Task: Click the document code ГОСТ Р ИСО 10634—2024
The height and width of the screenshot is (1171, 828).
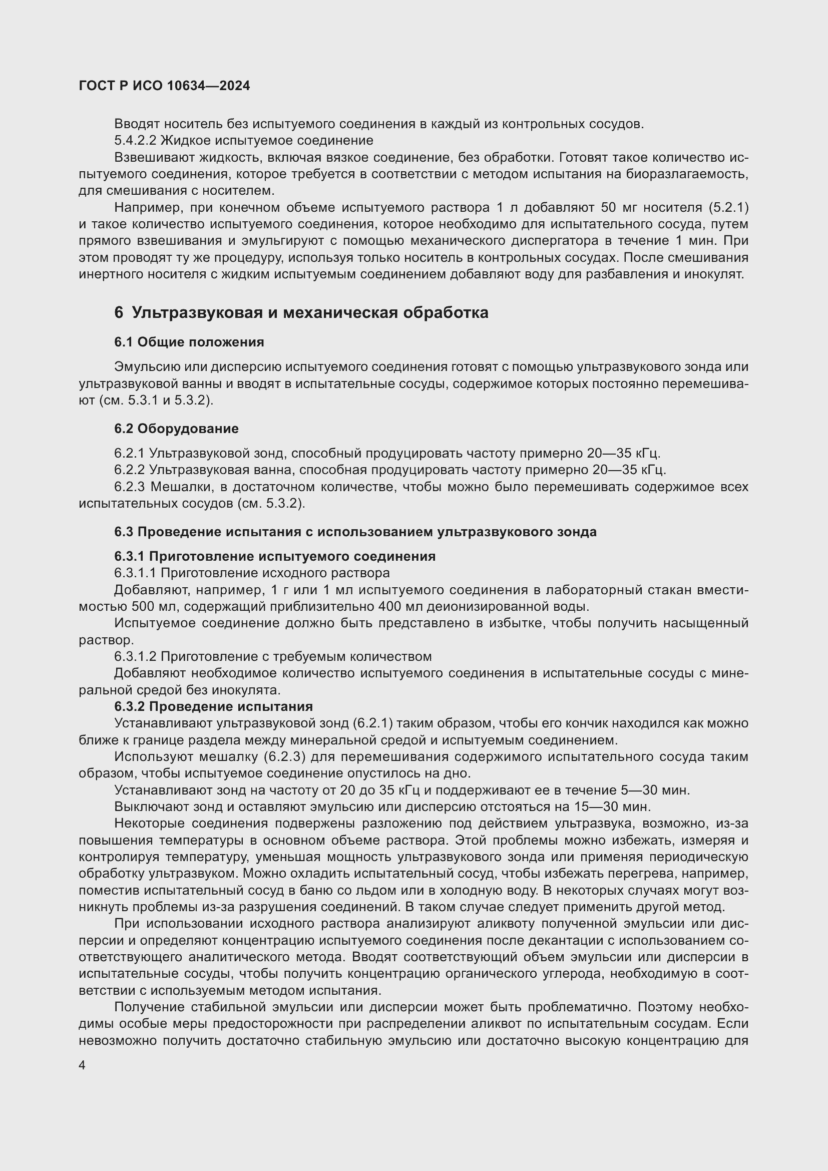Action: click(164, 86)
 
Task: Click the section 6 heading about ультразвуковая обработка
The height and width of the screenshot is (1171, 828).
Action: click(301, 312)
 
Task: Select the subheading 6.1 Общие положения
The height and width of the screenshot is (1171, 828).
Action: click(189, 342)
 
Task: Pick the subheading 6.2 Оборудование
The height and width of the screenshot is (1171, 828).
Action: click(176, 429)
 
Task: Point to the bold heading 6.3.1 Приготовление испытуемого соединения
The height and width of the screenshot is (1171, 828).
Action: click(274, 556)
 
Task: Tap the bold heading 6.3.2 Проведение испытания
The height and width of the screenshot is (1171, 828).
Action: click(213, 706)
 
